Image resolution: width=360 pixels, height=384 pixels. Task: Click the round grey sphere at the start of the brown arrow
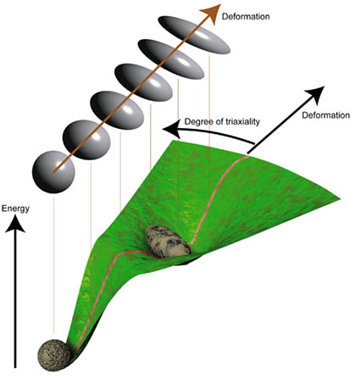[x=53, y=172]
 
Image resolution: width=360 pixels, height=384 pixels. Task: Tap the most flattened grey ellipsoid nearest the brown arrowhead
[x=194, y=35]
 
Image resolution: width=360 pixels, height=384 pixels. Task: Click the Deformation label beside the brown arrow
[x=246, y=17]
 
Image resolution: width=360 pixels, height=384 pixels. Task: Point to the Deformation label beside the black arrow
[x=326, y=115]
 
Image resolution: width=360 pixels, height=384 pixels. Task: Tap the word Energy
[x=15, y=209]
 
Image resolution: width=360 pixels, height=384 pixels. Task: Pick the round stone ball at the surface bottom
[x=54, y=355]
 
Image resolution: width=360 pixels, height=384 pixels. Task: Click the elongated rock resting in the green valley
[x=168, y=242]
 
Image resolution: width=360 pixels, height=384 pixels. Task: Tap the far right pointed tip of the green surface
[x=340, y=199]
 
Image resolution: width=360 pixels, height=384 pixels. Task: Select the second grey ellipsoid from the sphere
[x=86, y=140]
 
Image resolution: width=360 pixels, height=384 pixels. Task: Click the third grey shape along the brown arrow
[x=117, y=110]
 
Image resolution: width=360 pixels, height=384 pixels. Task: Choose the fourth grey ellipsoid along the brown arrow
[x=143, y=82]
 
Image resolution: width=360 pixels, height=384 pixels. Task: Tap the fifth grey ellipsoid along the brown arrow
[x=170, y=59]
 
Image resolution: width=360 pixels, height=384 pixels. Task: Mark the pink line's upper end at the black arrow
[x=247, y=156]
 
